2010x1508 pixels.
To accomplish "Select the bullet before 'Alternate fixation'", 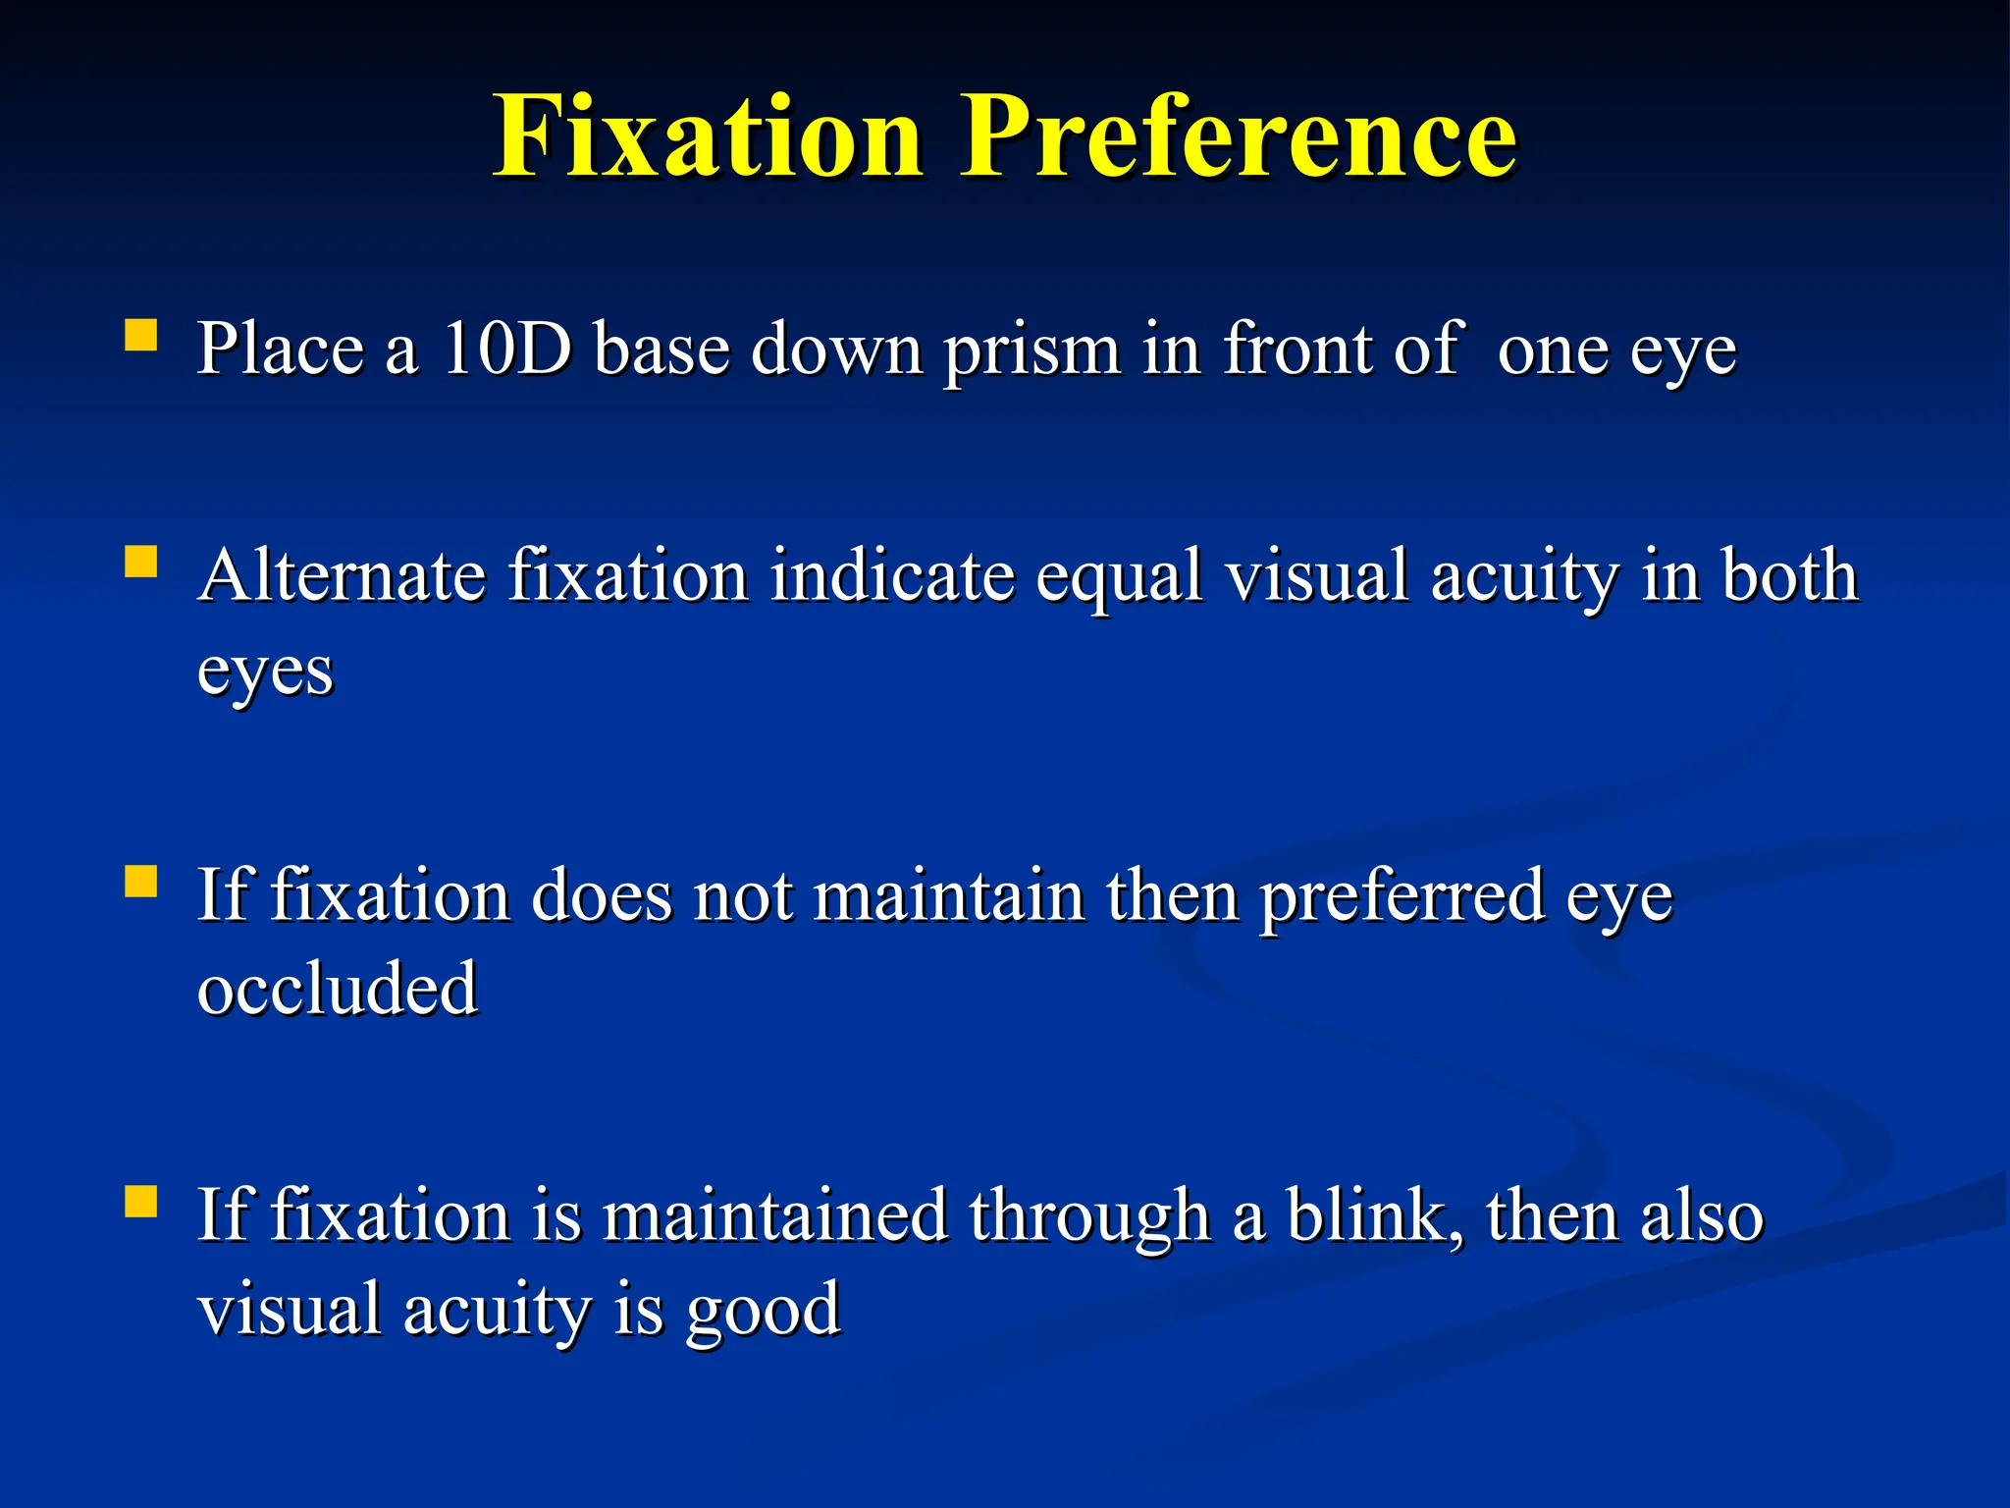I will [141, 563].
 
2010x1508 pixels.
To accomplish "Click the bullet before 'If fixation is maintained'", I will [141, 1201].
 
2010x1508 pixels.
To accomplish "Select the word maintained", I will [774, 1215].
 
